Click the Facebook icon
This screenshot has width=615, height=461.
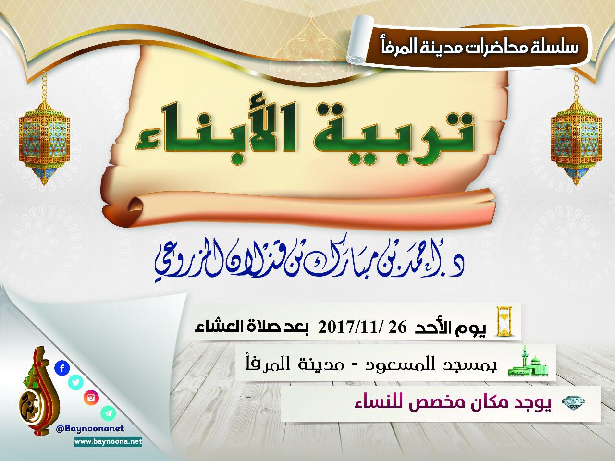tap(62, 368)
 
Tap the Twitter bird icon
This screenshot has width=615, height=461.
tap(75, 382)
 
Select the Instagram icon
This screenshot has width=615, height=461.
tap(91, 398)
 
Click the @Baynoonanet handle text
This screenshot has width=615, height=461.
tap(90, 429)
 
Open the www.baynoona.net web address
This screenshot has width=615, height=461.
tap(108, 442)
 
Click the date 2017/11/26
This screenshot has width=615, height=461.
tap(362, 328)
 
